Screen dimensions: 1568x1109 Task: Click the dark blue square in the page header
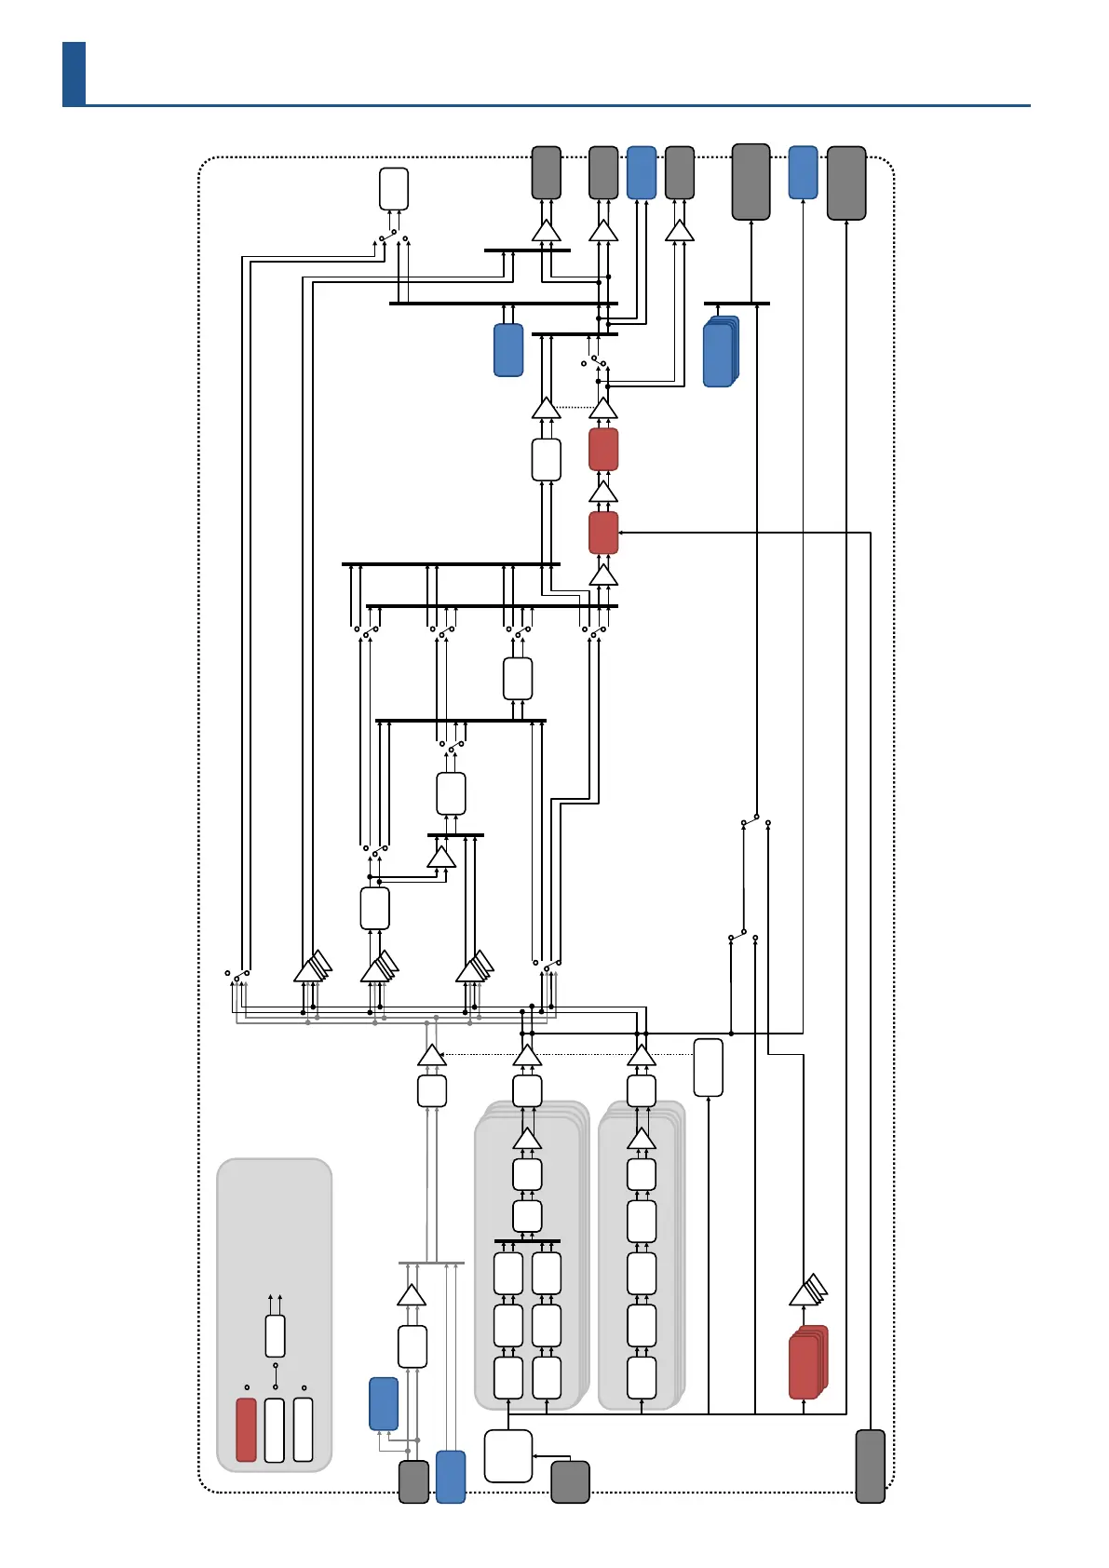[74, 73]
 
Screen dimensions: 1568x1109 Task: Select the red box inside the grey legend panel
[246, 1429]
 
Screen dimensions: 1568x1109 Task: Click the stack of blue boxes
[720, 352]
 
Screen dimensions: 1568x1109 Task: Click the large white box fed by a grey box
[507, 1455]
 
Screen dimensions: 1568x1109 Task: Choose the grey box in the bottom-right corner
[870, 1466]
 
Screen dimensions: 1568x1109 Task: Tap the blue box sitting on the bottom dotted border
[451, 1476]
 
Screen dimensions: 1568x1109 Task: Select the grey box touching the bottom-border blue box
[414, 1480]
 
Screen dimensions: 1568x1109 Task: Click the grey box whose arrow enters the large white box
[570, 1481]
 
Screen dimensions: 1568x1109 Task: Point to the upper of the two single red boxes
[603, 450]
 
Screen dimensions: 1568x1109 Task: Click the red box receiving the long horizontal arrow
[603, 533]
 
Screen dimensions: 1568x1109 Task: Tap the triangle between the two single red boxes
[603, 492]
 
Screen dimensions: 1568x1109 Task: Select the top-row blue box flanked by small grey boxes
[642, 172]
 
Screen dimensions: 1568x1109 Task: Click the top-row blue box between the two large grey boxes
[803, 172]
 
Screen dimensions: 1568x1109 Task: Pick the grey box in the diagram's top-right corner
[846, 183]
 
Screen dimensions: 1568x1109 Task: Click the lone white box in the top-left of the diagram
[394, 189]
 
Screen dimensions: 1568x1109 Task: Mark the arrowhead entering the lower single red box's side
[621, 533]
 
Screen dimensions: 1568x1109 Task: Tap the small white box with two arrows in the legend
[275, 1336]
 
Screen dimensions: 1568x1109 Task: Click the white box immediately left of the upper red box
[546, 459]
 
